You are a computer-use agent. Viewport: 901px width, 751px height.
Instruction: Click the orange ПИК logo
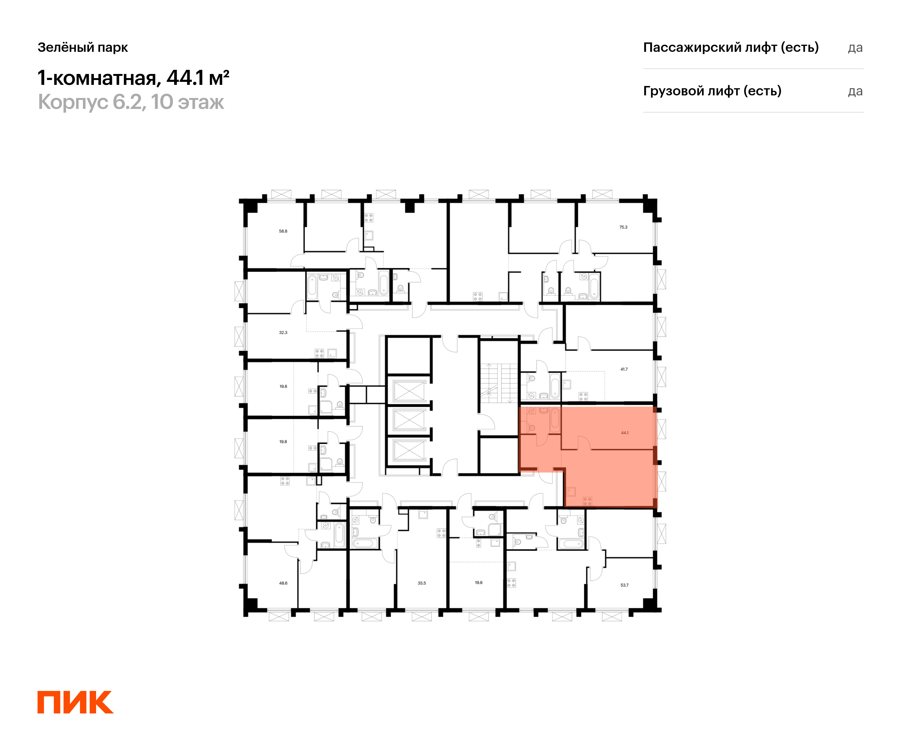coord(75,702)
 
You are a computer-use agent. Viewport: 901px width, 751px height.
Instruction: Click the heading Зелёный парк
coord(83,47)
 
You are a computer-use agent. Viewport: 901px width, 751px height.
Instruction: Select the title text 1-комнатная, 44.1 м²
coord(133,78)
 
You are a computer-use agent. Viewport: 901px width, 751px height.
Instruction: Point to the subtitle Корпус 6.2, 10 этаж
coord(131,102)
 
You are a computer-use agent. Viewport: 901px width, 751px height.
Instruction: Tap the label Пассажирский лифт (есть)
coord(731,47)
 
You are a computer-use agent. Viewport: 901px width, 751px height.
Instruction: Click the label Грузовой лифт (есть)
coord(712,91)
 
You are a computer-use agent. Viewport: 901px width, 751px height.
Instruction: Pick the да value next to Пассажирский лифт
coord(855,48)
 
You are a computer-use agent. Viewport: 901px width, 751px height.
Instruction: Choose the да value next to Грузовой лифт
coord(855,91)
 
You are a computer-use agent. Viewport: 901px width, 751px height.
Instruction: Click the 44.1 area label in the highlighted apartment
coord(625,433)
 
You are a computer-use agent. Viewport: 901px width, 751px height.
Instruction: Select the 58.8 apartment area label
coord(283,231)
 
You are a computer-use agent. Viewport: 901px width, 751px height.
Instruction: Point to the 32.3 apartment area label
coord(283,333)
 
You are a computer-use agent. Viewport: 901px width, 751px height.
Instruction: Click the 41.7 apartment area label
coord(624,369)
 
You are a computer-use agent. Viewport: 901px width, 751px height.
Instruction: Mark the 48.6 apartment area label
coord(283,583)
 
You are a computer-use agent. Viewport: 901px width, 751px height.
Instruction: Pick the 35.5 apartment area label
coord(422,583)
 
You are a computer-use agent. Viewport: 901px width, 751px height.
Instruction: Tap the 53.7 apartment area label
coord(624,585)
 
